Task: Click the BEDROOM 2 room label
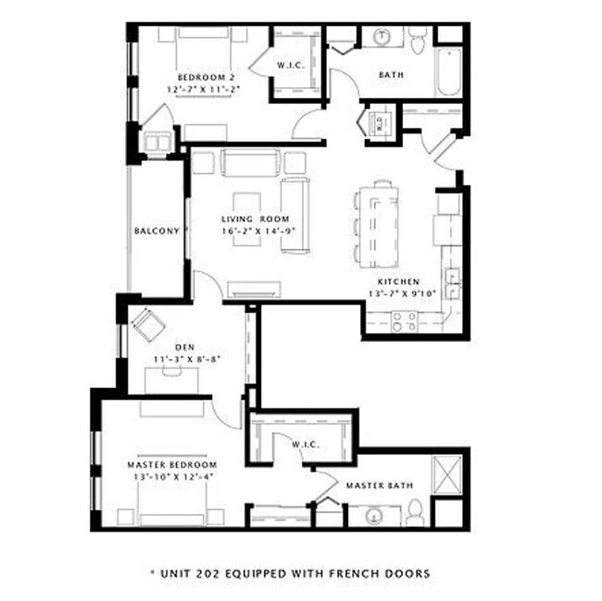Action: tap(204, 77)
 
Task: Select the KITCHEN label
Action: tap(398, 282)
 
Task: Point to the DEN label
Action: tap(183, 348)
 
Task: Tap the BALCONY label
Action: tap(156, 232)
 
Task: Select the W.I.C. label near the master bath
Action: tap(305, 444)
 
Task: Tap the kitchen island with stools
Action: tap(379, 222)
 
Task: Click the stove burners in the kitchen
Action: tap(404, 321)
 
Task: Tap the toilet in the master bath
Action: tap(415, 510)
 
